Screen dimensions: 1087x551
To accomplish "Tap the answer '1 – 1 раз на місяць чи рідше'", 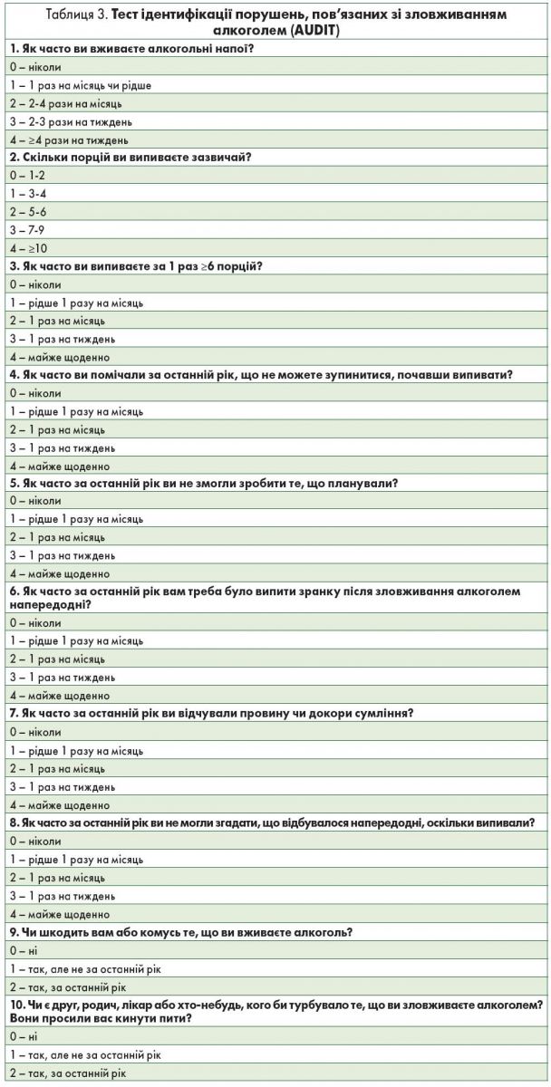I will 80,85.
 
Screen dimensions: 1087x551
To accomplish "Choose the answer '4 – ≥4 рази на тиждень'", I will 69,139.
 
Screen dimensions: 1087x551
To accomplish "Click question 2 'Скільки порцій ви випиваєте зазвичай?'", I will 130,158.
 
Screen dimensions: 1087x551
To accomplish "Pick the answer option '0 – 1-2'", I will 26,175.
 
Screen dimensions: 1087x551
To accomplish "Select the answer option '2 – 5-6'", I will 27,211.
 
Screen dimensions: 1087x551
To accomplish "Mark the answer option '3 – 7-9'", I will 27,229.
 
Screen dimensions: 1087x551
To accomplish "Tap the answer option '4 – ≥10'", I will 28,247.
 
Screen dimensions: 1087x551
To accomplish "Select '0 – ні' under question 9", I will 21,950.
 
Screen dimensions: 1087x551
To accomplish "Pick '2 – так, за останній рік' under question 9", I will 67,986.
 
